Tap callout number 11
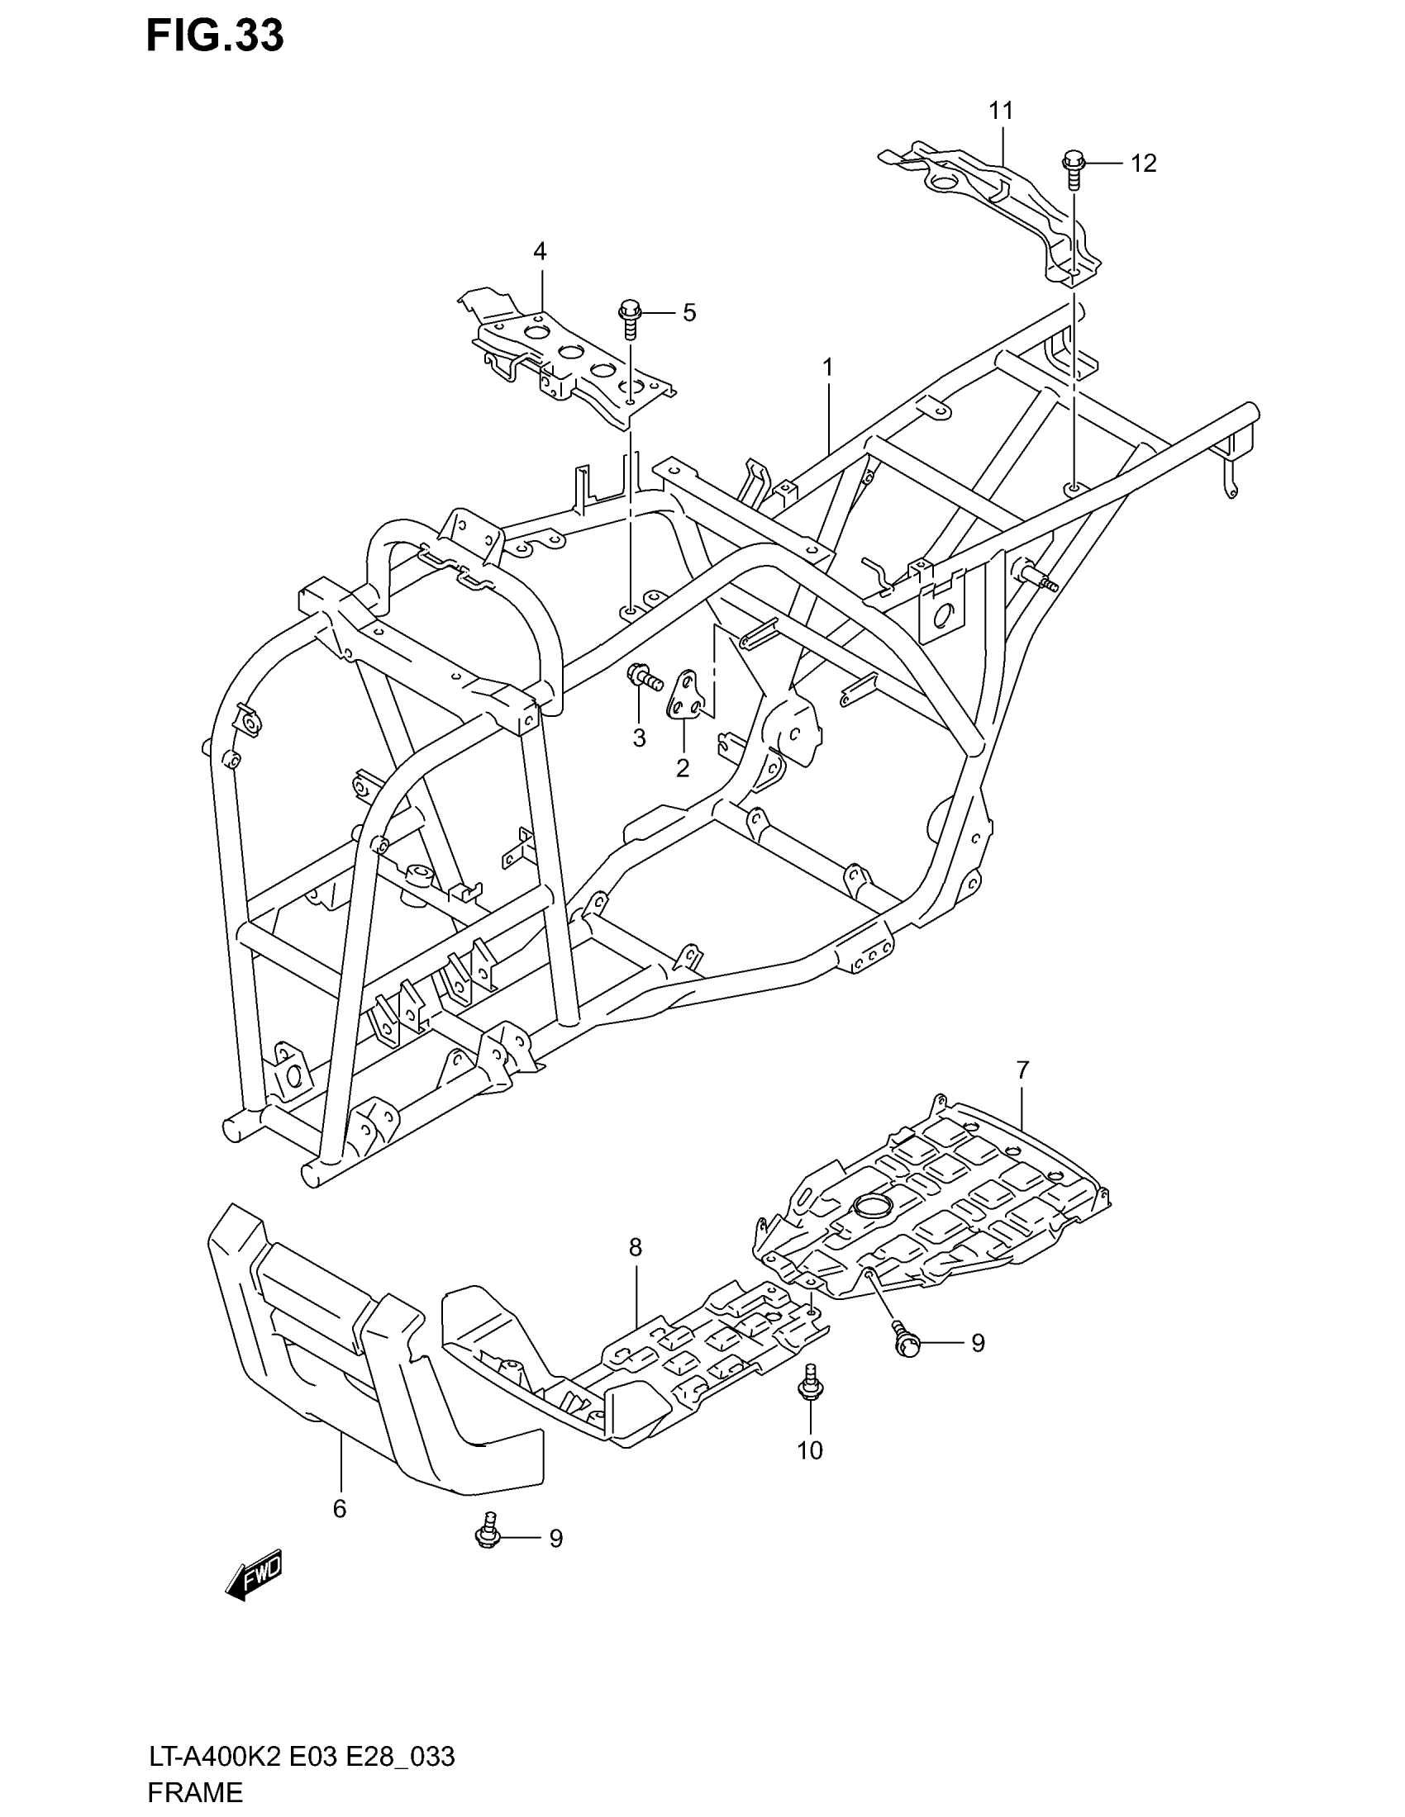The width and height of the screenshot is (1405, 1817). (1001, 110)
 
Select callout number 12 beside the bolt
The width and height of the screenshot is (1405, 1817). (1143, 164)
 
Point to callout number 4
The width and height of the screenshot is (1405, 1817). (540, 251)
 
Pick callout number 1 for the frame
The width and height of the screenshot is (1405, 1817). (827, 366)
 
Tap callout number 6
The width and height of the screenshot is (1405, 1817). (339, 1509)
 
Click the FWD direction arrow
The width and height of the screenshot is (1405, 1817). (255, 1575)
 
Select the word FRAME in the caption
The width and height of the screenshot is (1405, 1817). (196, 1792)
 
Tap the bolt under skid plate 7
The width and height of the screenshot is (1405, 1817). (905, 1340)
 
